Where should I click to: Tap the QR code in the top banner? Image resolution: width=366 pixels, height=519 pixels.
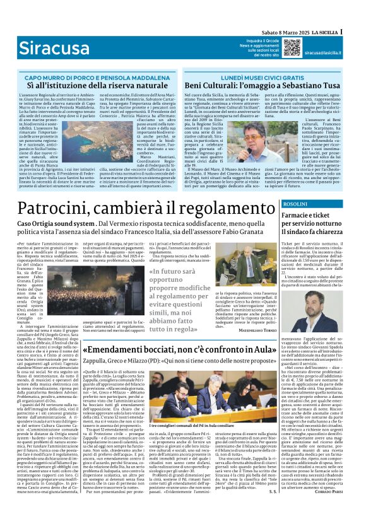click(292, 47)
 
